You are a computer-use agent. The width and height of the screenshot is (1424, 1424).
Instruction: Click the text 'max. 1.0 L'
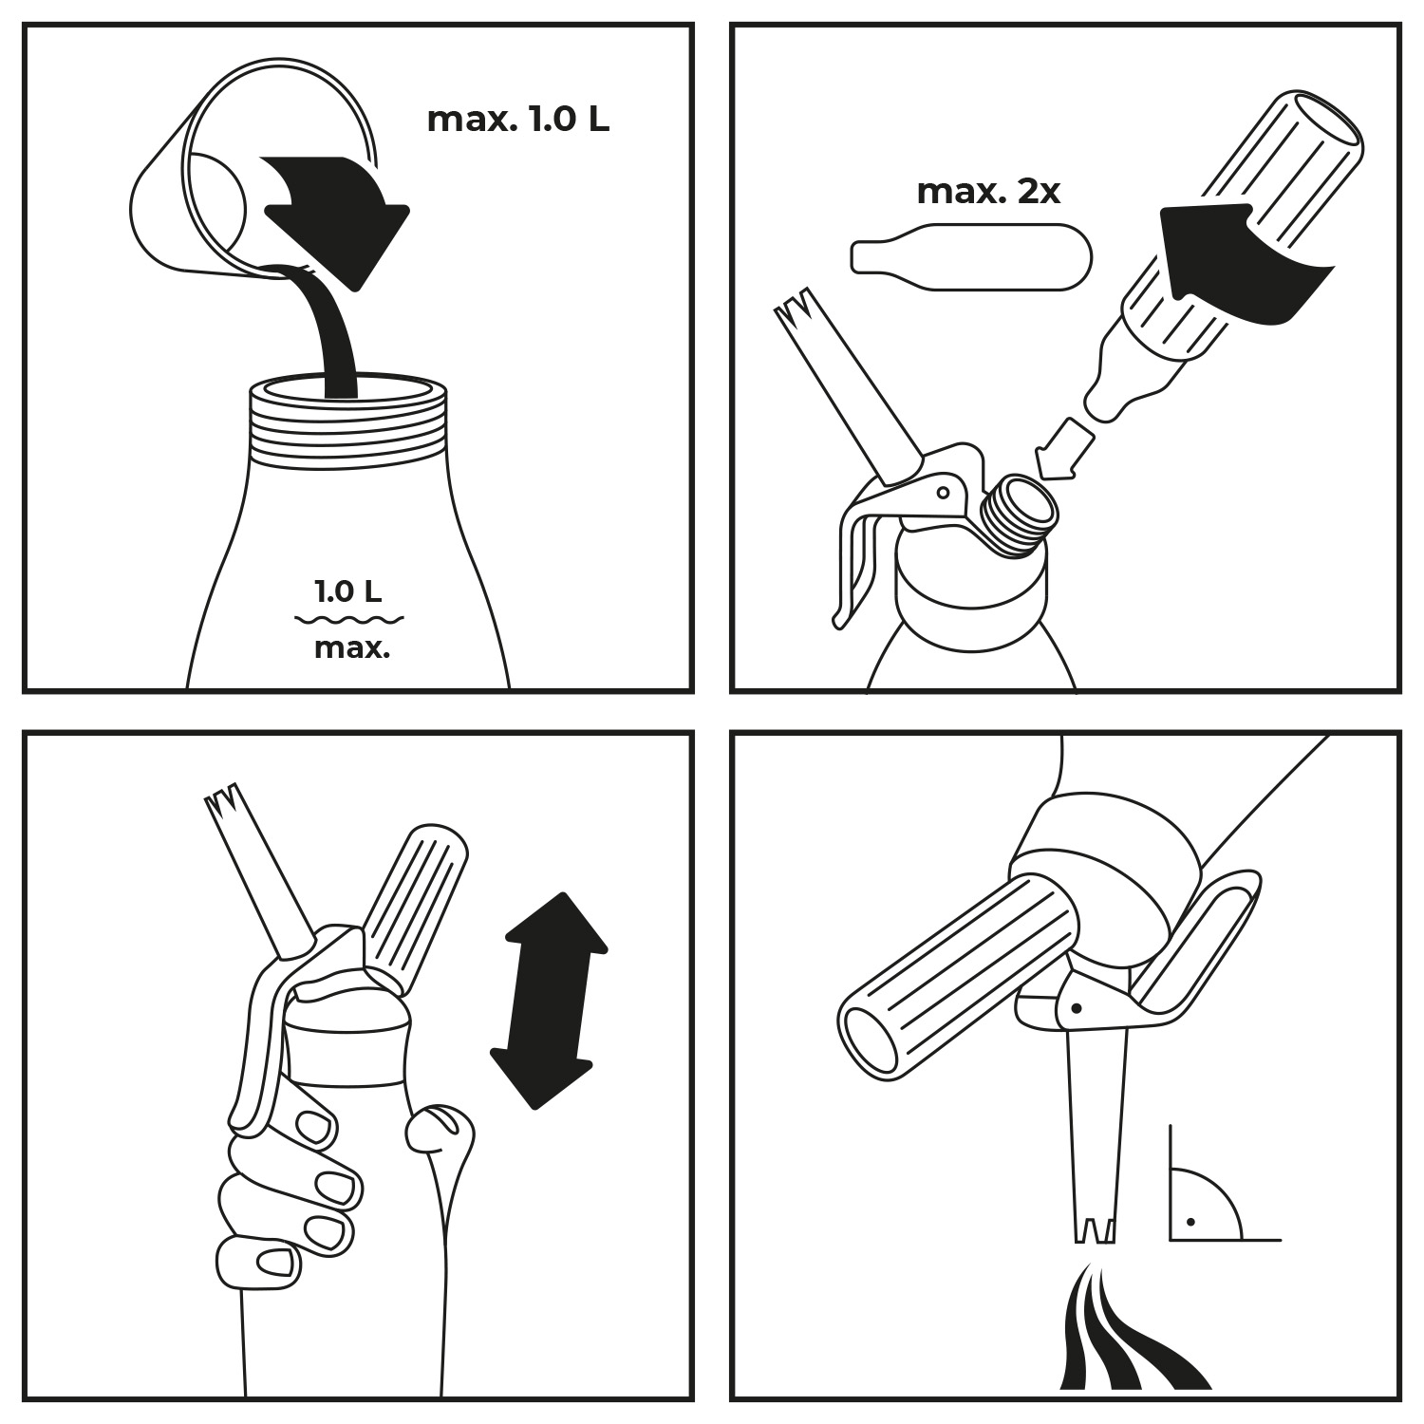click(x=517, y=120)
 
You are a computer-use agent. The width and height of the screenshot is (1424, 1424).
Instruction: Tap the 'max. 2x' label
click(x=988, y=192)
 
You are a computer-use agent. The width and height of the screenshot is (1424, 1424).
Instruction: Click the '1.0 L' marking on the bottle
click(x=348, y=592)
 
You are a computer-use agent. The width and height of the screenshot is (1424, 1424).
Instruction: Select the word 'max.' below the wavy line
click(x=352, y=649)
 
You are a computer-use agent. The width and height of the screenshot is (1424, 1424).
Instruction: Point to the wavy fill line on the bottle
click(x=349, y=621)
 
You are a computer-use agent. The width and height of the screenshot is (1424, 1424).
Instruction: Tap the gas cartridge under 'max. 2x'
click(x=971, y=257)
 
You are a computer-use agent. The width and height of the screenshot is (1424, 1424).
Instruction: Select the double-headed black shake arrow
click(x=549, y=1000)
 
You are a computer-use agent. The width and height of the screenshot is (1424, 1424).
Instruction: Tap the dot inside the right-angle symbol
click(x=1190, y=1221)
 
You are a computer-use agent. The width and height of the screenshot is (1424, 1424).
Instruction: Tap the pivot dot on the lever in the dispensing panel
click(x=1076, y=1008)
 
